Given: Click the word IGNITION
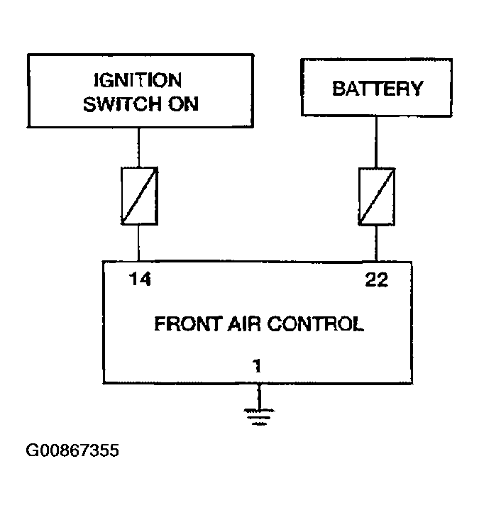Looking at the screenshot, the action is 138,80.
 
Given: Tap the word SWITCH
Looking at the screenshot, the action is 122,104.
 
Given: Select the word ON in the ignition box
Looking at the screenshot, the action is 183,104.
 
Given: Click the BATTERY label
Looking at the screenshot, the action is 378,89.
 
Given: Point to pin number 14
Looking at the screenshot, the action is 140,279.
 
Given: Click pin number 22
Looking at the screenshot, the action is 377,279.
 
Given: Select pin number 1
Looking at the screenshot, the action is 257,366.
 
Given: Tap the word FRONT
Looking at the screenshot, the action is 189,324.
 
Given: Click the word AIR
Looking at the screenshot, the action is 244,324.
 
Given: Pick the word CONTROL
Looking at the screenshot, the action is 315,324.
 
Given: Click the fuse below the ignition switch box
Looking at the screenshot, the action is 139,196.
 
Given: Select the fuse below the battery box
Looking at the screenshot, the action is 377,196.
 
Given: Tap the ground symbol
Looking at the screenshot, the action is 259,417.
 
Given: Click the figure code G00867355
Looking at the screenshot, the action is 72,450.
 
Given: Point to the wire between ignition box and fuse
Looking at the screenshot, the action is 138,148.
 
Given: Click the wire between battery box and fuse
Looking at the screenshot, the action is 376,142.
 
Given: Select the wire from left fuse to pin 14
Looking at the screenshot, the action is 138,243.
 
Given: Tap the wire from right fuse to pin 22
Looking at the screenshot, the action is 376,243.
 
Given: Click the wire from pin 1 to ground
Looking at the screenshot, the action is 259,397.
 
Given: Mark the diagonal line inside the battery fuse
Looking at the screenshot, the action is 377,196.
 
